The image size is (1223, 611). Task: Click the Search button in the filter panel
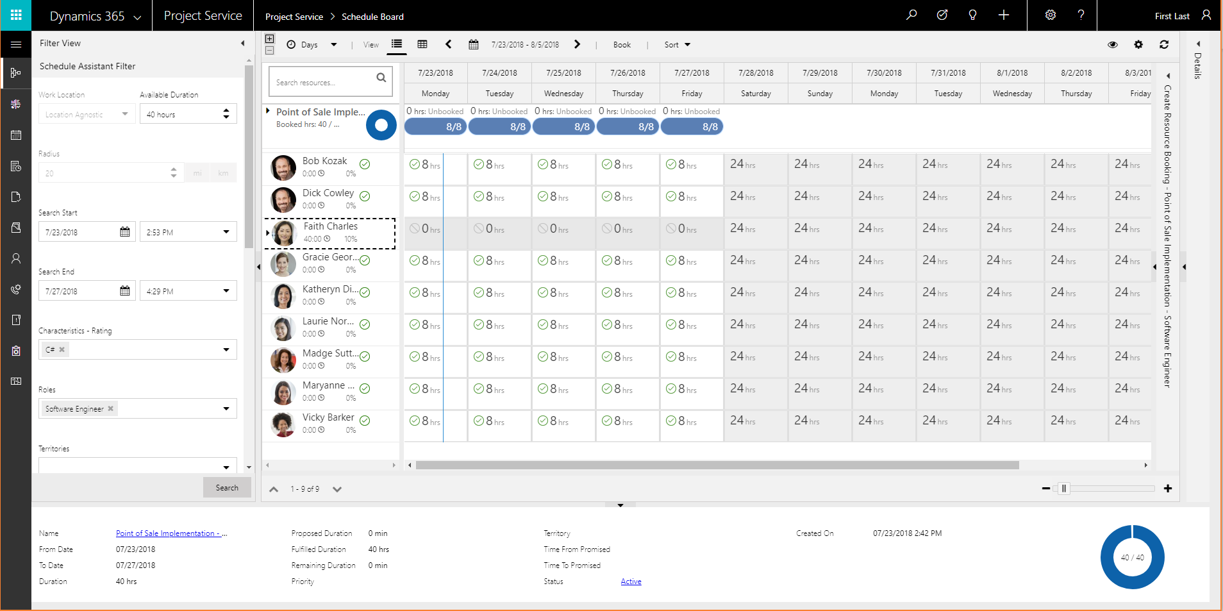point(227,488)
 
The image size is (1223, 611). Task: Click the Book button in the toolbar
point(622,45)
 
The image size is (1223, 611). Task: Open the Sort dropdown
point(677,45)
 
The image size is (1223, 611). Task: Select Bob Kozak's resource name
point(324,161)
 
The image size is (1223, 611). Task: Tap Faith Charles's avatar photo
point(285,233)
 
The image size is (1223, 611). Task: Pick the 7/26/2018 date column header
point(628,73)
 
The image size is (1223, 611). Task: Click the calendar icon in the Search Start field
point(125,232)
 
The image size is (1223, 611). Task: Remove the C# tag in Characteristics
point(62,349)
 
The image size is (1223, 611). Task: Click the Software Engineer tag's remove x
point(111,408)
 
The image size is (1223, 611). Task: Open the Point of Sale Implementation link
point(171,533)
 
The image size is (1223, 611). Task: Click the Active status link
point(631,582)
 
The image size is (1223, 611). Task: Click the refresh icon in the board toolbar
point(1164,45)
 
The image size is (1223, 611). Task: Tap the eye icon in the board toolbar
point(1113,45)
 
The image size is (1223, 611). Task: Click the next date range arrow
point(577,44)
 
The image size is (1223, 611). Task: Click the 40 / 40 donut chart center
point(1132,557)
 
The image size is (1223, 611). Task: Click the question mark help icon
point(1081,15)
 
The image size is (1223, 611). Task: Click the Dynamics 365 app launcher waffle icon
point(16,15)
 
